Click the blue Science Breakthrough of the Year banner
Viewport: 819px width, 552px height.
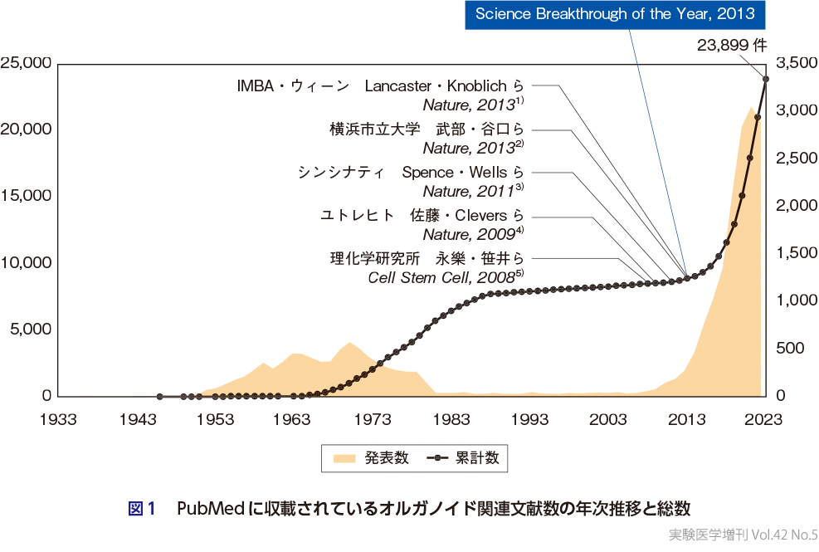(x=615, y=14)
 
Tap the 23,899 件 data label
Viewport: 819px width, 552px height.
(x=731, y=47)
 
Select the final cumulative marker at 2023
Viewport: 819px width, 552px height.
(x=766, y=80)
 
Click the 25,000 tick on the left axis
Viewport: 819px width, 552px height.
(x=27, y=63)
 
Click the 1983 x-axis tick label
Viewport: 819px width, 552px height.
(x=452, y=418)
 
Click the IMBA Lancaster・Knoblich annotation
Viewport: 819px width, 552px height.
(x=381, y=85)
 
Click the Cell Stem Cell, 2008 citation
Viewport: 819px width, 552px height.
(x=445, y=277)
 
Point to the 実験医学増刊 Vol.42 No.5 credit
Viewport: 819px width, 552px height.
(x=743, y=535)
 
